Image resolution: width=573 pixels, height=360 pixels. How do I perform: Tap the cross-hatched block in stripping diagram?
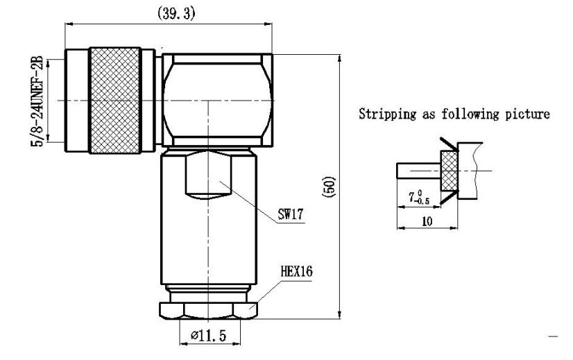click(x=449, y=171)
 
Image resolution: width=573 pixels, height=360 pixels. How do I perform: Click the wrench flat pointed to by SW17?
click(x=208, y=177)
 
